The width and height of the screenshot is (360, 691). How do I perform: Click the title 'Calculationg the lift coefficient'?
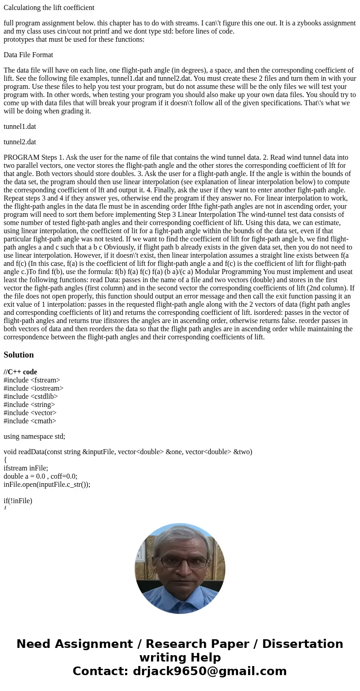(x=49, y=8)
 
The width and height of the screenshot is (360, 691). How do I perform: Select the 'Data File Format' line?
(x=28, y=55)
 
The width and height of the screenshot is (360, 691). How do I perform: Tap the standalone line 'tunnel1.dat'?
(x=20, y=127)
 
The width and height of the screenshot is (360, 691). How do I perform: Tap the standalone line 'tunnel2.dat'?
(x=20, y=142)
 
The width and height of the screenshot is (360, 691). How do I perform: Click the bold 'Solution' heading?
(x=19, y=355)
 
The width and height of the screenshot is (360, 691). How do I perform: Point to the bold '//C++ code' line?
(x=20, y=372)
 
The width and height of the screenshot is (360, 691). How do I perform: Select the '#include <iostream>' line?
(x=34, y=388)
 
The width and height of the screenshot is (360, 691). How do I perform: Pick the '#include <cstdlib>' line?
(x=31, y=397)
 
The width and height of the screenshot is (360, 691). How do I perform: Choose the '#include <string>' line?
(x=29, y=405)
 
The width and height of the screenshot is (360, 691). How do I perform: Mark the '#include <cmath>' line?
(x=30, y=421)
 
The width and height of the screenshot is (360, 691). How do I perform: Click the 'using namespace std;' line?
(x=34, y=436)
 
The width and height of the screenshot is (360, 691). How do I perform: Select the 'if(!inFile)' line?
(x=18, y=501)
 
